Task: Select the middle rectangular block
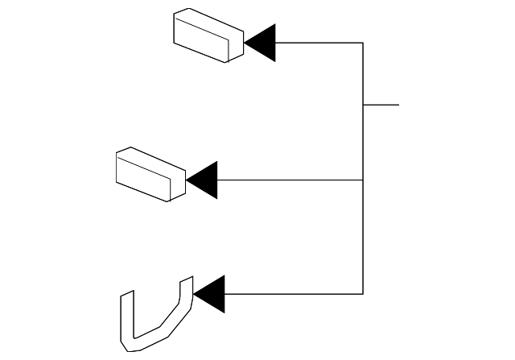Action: pos(150,174)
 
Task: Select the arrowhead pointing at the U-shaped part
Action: pos(211,293)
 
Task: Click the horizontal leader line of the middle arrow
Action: pos(290,180)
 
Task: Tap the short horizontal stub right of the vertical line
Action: pos(381,105)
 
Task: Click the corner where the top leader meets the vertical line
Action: pos(363,42)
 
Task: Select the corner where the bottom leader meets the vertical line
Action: pos(363,293)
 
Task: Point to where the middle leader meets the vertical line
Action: pos(363,180)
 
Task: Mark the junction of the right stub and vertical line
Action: pos(363,105)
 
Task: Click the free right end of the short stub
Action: pos(398,105)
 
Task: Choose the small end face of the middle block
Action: pos(177,184)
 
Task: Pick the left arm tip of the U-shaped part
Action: pos(126,296)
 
